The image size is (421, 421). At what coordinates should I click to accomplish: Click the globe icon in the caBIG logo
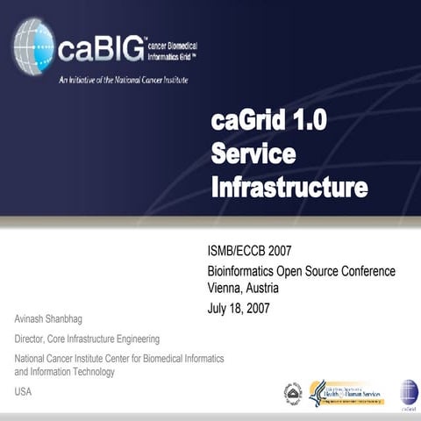(33, 46)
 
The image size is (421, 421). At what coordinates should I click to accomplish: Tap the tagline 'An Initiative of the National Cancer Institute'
(123, 80)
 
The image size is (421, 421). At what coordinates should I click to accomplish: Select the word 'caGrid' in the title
(248, 120)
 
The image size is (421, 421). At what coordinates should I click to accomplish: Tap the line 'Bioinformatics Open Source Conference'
(301, 271)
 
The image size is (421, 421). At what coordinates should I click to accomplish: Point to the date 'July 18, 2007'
(239, 308)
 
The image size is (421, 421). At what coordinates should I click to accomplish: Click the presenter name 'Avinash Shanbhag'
(54, 318)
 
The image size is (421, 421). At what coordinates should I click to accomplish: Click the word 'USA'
(23, 391)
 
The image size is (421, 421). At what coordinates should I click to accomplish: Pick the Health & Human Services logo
(346, 392)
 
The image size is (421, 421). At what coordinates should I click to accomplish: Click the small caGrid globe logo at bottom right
(409, 393)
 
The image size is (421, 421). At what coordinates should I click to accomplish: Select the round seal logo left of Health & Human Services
(293, 393)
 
